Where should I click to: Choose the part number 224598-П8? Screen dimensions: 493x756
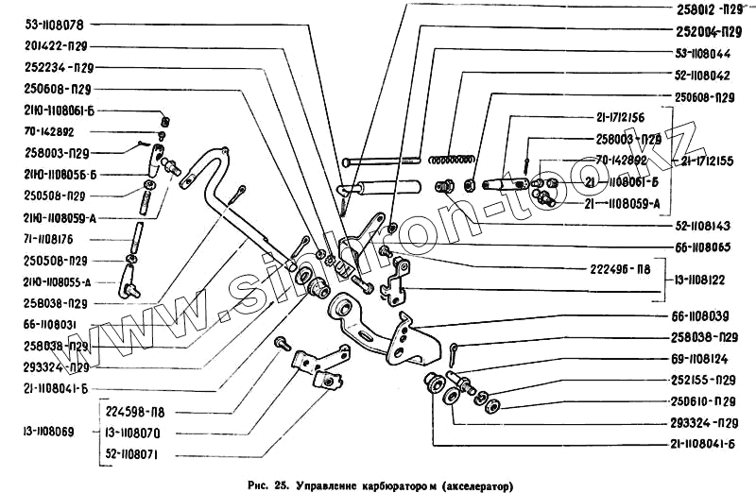(142, 412)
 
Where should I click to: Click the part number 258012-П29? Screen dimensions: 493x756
(710, 8)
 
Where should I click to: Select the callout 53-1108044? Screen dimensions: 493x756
(711, 53)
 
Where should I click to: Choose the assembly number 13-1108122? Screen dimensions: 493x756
(709, 280)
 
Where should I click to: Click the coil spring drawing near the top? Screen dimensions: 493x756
(455, 157)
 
